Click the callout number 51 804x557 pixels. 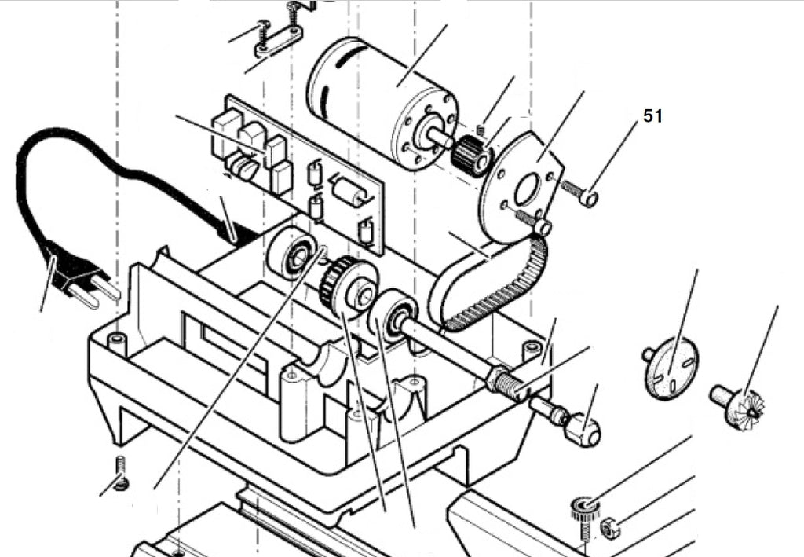click(652, 116)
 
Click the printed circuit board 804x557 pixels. click(298, 174)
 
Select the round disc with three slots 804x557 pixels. click(671, 366)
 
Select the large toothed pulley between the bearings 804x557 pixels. click(349, 288)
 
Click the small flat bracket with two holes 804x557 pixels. click(279, 41)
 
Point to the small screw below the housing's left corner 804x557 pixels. click(121, 473)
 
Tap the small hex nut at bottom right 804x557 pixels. click(609, 527)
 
